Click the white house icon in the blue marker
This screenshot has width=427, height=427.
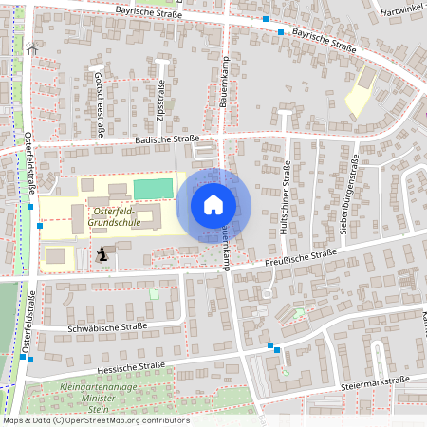tap(213, 204)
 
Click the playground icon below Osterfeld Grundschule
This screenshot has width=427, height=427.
tap(102, 253)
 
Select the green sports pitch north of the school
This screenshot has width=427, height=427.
tap(154, 188)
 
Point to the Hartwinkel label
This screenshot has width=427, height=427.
tap(401, 11)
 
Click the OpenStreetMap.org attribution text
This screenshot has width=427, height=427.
tap(123, 419)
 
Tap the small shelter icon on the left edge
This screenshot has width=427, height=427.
tap(33, 49)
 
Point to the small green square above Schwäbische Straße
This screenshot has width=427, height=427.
tap(155, 294)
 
